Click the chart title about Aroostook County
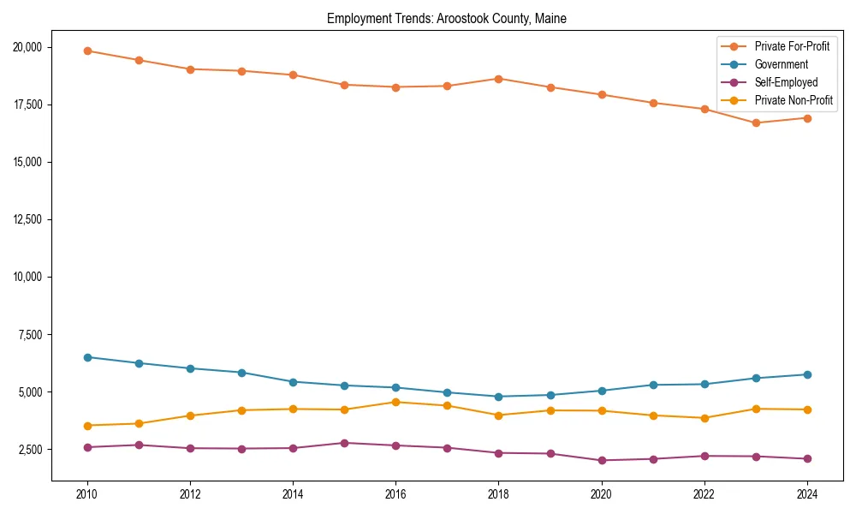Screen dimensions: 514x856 click(447, 18)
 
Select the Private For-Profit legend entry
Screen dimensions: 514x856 click(792, 46)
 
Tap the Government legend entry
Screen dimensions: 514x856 click(781, 64)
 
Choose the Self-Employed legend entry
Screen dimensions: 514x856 click(786, 82)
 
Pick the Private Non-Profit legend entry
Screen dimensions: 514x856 click(794, 100)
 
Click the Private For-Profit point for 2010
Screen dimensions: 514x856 click(87, 51)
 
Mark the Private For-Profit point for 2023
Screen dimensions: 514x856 click(756, 123)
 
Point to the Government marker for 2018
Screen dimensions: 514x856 click(498, 397)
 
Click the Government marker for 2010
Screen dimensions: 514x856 click(87, 357)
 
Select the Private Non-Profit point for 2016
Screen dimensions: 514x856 click(395, 402)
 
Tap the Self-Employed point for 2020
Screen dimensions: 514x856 click(602, 461)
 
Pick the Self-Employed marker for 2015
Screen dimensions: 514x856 click(344, 443)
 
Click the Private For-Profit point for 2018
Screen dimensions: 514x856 click(498, 79)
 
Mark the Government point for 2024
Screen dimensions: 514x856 click(807, 374)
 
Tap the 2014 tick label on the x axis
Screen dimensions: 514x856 click(293, 494)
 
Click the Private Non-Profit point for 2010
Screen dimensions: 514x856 click(87, 426)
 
